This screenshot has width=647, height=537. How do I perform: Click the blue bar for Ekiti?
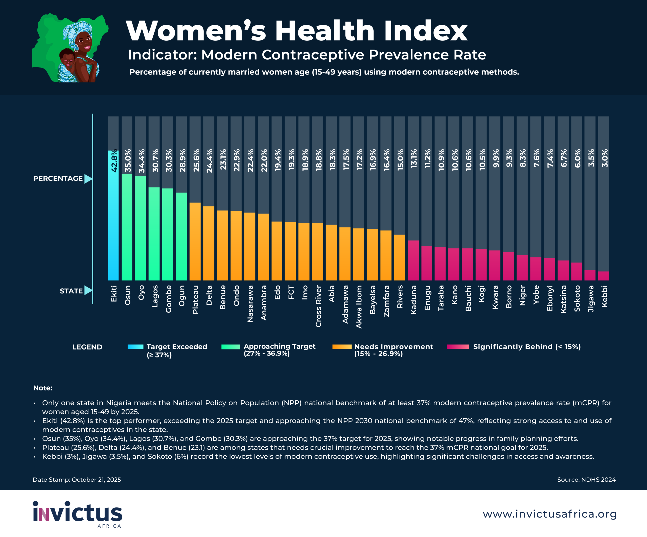click(x=113, y=216)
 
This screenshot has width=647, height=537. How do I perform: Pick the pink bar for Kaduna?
click(x=413, y=260)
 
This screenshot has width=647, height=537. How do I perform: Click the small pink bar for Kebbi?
click(x=604, y=276)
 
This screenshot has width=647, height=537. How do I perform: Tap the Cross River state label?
click(x=318, y=306)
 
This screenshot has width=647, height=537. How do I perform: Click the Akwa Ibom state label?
click(x=359, y=307)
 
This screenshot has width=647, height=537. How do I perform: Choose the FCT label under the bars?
click(x=291, y=292)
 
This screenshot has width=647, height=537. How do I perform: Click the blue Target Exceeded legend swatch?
click(x=135, y=347)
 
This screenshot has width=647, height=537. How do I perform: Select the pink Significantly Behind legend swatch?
click(x=458, y=347)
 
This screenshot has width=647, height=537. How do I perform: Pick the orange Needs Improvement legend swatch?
click(x=342, y=347)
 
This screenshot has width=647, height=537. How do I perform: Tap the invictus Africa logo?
click(x=77, y=514)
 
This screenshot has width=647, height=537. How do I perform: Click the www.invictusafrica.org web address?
click(x=549, y=514)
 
